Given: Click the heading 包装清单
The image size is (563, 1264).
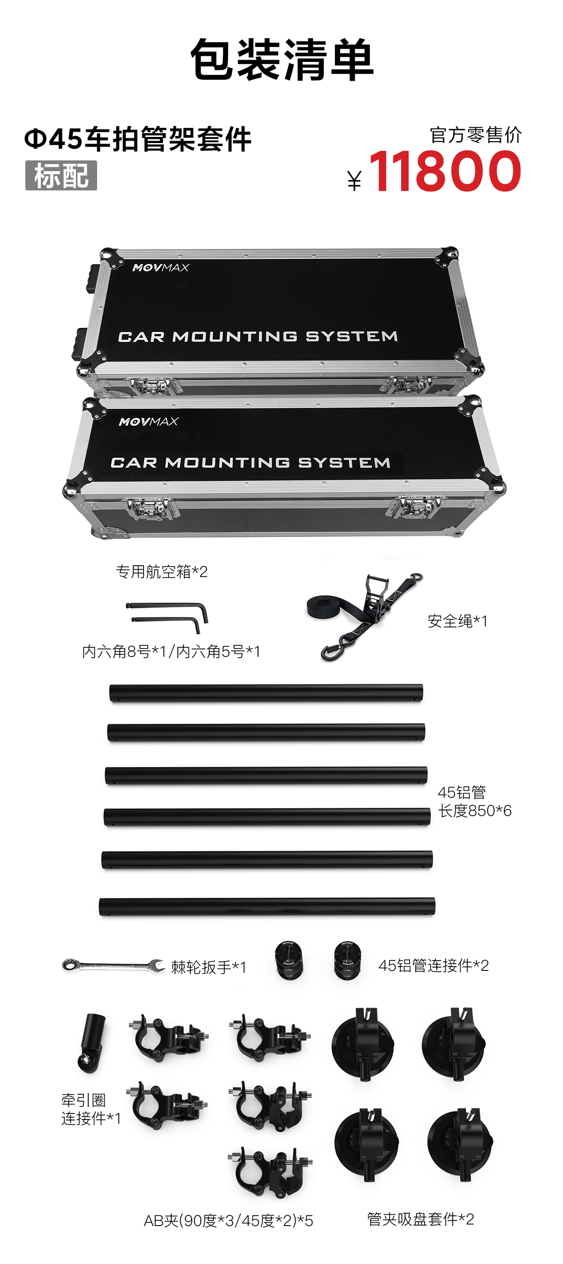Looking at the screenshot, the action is (x=282, y=61).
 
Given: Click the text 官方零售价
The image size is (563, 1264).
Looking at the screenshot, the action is (x=475, y=135).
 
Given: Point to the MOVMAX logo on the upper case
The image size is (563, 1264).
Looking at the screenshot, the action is (x=160, y=267).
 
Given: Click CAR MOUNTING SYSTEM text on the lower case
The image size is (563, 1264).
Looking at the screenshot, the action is (x=251, y=463).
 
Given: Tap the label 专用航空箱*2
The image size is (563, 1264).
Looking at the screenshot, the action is (x=161, y=572).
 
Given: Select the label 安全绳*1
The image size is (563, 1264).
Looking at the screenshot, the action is (x=457, y=621).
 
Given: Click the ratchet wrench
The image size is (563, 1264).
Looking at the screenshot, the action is (x=113, y=966).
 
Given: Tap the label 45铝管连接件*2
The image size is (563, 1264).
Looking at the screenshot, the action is (x=434, y=966).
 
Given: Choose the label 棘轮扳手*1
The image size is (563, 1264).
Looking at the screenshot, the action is (x=209, y=967).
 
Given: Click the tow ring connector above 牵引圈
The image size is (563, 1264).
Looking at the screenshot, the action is (x=91, y=1043).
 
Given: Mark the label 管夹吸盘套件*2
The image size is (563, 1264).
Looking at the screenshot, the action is (x=421, y=1219).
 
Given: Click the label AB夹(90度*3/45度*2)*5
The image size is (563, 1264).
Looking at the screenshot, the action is (x=228, y=1220).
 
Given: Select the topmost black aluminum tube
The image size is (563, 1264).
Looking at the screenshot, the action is (x=266, y=693).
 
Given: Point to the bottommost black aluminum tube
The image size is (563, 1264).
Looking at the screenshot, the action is (x=266, y=906).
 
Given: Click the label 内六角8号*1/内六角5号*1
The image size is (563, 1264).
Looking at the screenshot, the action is (x=171, y=651).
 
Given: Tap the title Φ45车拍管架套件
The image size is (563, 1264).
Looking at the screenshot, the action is (x=138, y=139).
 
